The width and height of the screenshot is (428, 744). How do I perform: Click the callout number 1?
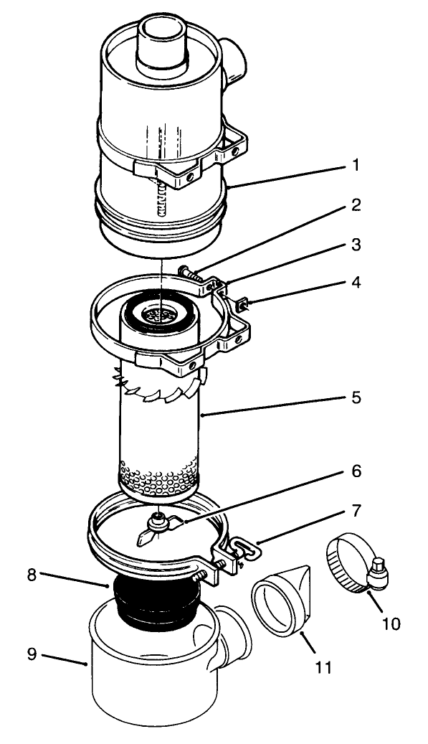click(355, 165)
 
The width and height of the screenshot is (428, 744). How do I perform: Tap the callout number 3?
click(356, 245)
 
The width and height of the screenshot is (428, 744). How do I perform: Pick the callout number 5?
click(356, 397)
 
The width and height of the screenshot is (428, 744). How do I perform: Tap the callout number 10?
click(391, 623)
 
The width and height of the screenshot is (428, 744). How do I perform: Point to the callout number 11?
click(323, 667)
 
